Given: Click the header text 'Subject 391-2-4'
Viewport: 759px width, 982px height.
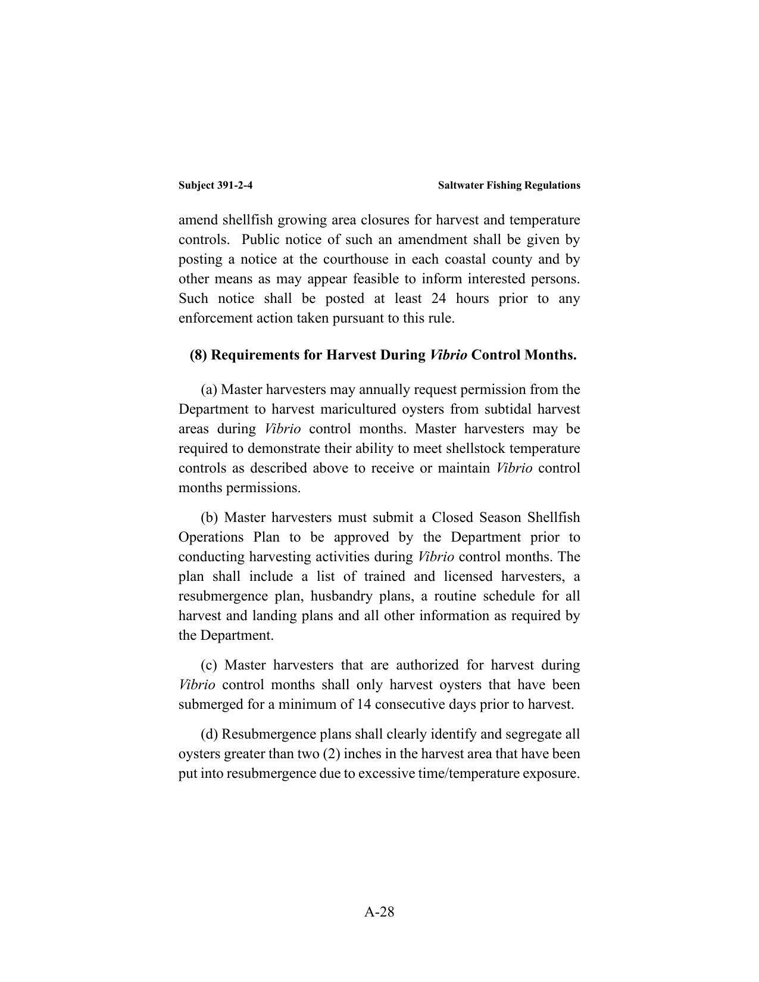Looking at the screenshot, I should pyautogui.click(x=215, y=185).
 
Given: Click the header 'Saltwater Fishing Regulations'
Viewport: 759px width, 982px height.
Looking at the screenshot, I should pyautogui.click(x=508, y=185).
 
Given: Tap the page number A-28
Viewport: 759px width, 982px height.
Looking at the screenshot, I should pyautogui.click(x=379, y=911).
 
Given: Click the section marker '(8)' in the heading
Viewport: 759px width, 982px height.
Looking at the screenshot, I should pyautogui.click(x=198, y=355).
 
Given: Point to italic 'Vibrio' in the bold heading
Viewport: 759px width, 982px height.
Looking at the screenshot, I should pyautogui.click(x=448, y=355).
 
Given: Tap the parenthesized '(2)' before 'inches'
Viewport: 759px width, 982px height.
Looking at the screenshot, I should pyautogui.click(x=332, y=753).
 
